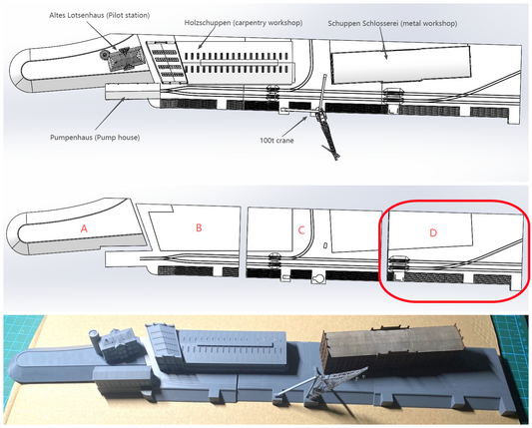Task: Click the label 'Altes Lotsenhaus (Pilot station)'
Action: point(99,16)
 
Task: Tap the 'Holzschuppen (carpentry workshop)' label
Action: point(244,23)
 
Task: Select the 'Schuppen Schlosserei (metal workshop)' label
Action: point(392,24)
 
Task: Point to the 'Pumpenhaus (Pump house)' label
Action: point(95,138)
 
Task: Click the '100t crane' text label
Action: point(276,141)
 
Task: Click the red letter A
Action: point(84,228)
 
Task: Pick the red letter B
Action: point(199,227)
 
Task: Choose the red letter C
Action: point(301,230)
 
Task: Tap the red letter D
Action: point(433,233)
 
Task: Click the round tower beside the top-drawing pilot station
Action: point(104,54)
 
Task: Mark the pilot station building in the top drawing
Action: point(126,58)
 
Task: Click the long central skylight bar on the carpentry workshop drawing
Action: point(240,63)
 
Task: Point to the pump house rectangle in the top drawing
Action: point(132,92)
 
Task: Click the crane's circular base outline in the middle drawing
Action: point(319,278)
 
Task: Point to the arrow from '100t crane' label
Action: point(294,126)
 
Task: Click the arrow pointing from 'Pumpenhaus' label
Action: point(110,114)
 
